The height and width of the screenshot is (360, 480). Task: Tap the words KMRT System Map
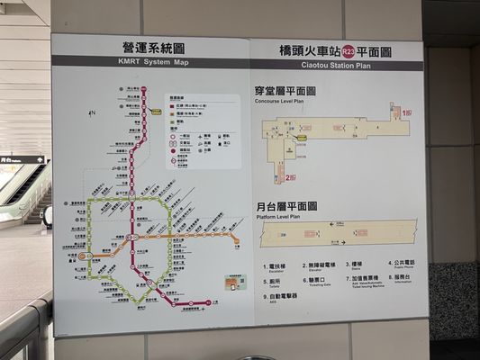pos(152,62)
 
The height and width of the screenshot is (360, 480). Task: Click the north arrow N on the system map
pos(92,113)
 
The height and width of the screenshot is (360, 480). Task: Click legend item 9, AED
pos(283,296)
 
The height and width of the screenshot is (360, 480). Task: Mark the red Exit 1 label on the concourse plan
pos(407,113)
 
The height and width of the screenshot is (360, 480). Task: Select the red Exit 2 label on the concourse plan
pos(287,177)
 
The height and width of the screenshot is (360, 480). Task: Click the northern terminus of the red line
pos(143,89)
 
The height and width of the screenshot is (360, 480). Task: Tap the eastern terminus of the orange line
pos(237,241)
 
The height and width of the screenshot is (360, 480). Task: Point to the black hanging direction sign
pos(23,160)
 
